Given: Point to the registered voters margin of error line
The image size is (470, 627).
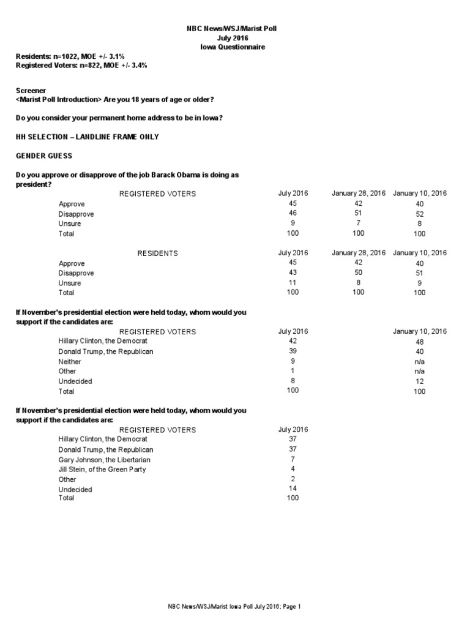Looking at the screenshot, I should (x=81, y=65).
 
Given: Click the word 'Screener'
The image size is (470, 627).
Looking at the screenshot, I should (x=31, y=90).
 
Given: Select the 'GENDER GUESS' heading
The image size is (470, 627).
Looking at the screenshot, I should (x=44, y=156).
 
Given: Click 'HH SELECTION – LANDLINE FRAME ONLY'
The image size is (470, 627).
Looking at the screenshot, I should (x=87, y=137).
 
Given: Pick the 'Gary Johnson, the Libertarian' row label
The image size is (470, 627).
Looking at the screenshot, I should (x=104, y=459).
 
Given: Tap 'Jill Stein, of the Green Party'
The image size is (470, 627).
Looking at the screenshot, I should (x=102, y=469).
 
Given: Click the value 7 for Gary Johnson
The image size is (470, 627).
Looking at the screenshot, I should (x=293, y=459).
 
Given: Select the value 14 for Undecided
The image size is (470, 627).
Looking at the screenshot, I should (x=293, y=488).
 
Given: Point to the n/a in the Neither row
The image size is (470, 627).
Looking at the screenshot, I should (x=419, y=362).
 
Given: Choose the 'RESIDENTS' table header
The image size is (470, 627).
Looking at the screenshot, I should (x=157, y=253).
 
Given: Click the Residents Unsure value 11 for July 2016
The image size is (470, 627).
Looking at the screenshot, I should (x=293, y=282).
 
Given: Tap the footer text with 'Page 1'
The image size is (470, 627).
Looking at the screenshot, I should (x=235, y=607).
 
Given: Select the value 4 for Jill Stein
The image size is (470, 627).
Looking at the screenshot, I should (x=293, y=468).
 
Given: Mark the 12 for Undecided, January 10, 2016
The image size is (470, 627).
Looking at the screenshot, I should (x=419, y=381).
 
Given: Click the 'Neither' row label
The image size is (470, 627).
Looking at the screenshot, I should (x=70, y=362).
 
